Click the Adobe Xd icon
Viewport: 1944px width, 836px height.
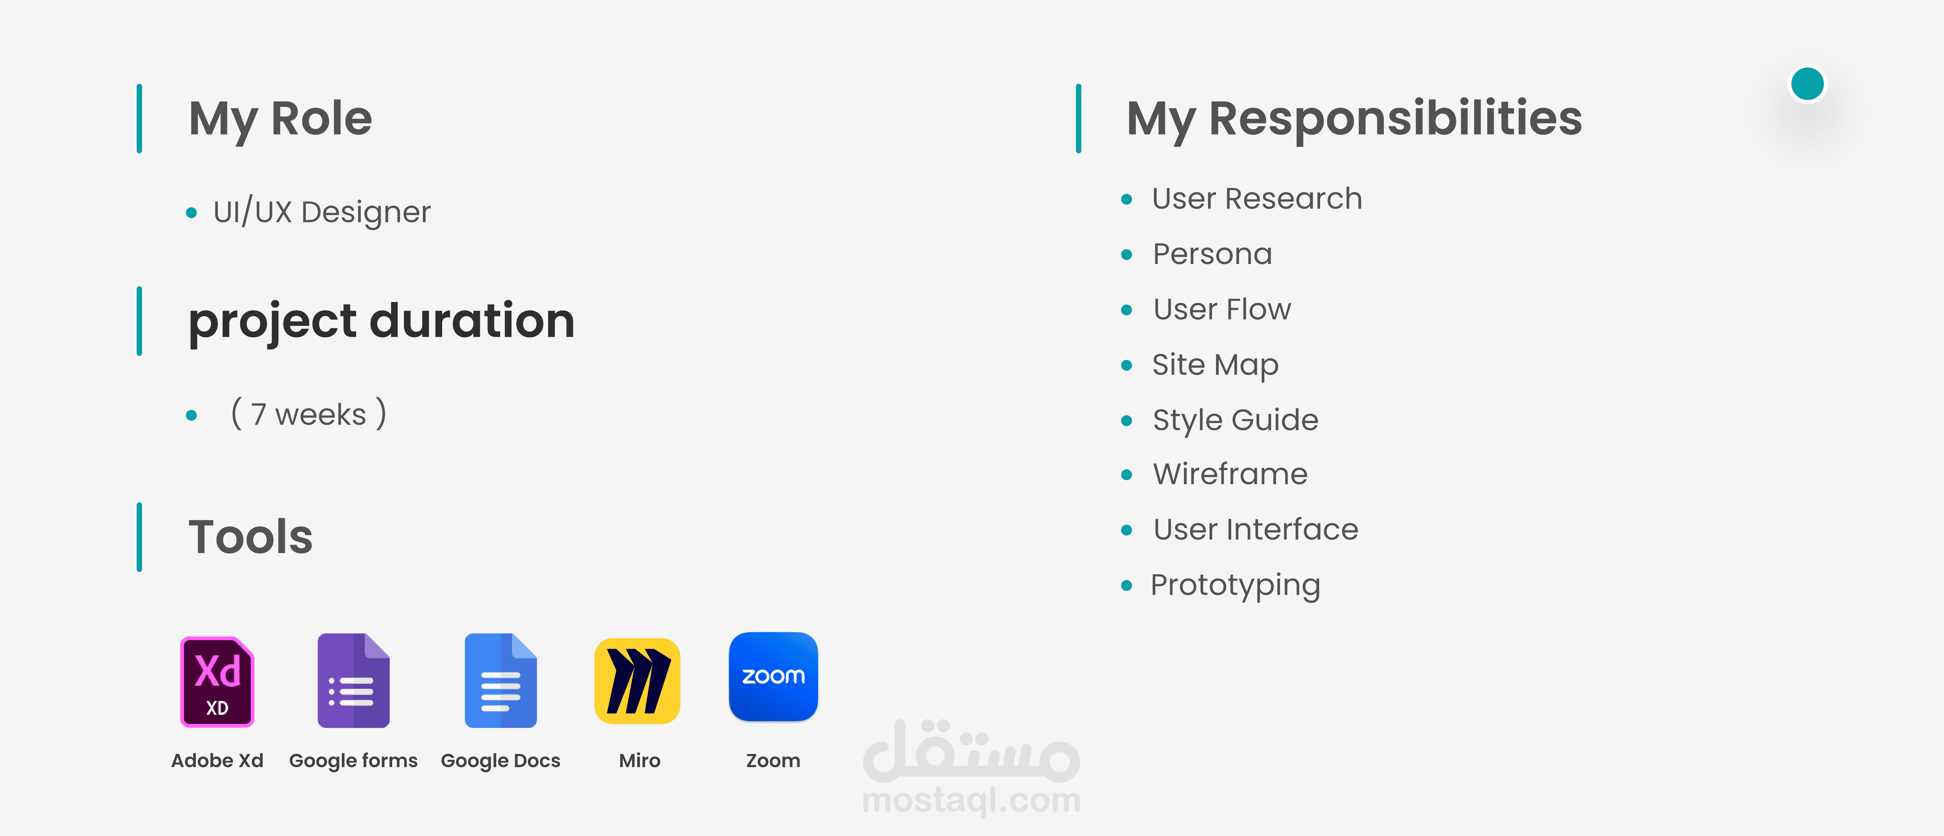click(x=217, y=681)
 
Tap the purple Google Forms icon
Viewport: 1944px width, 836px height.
click(x=353, y=680)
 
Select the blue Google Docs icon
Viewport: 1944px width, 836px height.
click(x=500, y=680)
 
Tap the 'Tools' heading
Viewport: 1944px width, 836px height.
click(x=250, y=537)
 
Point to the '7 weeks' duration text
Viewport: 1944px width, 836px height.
click(x=309, y=414)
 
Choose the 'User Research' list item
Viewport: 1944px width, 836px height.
click(x=1257, y=199)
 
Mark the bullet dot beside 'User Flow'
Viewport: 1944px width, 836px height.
click(x=1127, y=310)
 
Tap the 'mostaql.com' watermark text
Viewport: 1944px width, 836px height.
click(x=971, y=800)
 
